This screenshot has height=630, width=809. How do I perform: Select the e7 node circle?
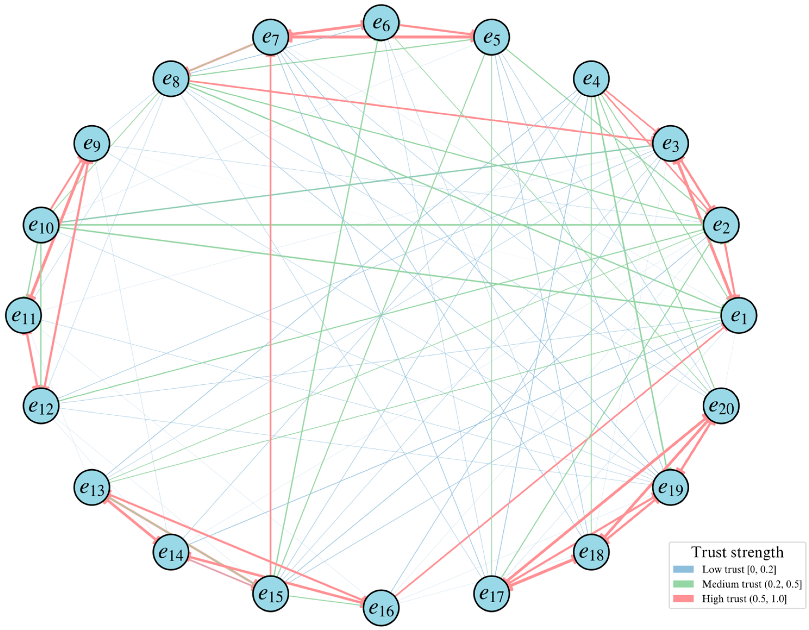(x=271, y=37)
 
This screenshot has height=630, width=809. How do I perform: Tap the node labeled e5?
(x=491, y=37)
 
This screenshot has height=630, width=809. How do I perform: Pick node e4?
(x=591, y=79)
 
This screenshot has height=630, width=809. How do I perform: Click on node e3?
(x=670, y=144)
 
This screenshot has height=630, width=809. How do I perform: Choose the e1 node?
(x=739, y=315)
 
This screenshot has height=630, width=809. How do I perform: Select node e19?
(x=670, y=487)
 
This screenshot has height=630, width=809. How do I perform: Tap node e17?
(x=491, y=594)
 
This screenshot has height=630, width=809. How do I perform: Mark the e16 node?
(x=381, y=608)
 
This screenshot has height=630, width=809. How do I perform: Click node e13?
(x=92, y=487)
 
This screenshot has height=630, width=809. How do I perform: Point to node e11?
(x=23, y=315)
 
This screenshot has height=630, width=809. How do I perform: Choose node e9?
(x=92, y=144)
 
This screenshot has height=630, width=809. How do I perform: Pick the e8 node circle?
(x=171, y=79)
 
